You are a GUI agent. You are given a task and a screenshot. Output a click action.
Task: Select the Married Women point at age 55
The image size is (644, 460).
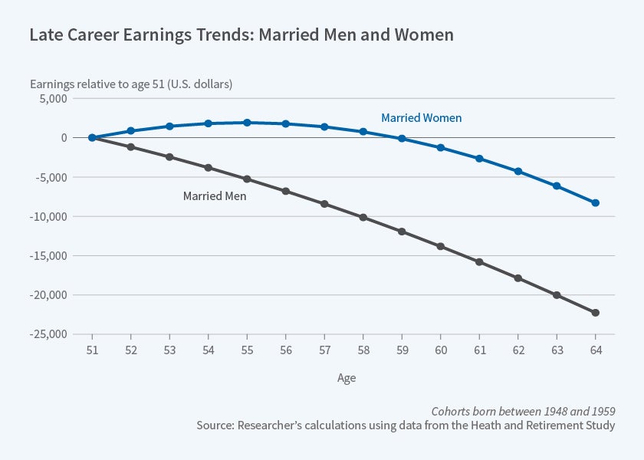click(x=247, y=123)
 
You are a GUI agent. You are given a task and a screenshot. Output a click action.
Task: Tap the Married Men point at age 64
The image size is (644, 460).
click(x=595, y=313)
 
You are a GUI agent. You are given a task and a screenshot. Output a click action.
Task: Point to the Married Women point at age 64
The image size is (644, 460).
click(x=595, y=203)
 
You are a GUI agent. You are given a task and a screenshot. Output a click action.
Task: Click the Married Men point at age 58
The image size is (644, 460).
click(x=363, y=218)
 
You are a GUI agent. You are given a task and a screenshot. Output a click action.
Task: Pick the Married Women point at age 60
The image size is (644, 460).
click(x=440, y=147)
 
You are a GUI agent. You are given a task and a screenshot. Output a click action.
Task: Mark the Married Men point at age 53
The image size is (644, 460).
click(x=169, y=157)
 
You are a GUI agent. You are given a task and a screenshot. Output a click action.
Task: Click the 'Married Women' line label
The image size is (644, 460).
click(x=421, y=118)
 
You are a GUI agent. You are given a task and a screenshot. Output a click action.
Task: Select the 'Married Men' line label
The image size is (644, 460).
click(x=214, y=196)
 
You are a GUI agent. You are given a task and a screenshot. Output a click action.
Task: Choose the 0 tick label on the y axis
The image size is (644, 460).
click(x=64, y=138)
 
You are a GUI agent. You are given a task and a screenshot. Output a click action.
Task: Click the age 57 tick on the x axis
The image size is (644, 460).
click(x=324, y=350)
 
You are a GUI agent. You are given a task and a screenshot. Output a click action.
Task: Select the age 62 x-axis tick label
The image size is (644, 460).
click(x=517, y=350)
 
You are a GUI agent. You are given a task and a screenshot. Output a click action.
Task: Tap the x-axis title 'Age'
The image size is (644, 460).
click(x=347, y=378)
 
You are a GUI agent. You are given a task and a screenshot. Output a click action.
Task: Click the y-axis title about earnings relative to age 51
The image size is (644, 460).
click(x=131, y=84)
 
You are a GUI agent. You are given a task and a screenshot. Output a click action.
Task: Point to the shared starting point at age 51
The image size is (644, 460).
click(x=92, y=138)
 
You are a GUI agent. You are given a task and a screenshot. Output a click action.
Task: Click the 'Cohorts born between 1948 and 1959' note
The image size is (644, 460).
click(x=523, y=410)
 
